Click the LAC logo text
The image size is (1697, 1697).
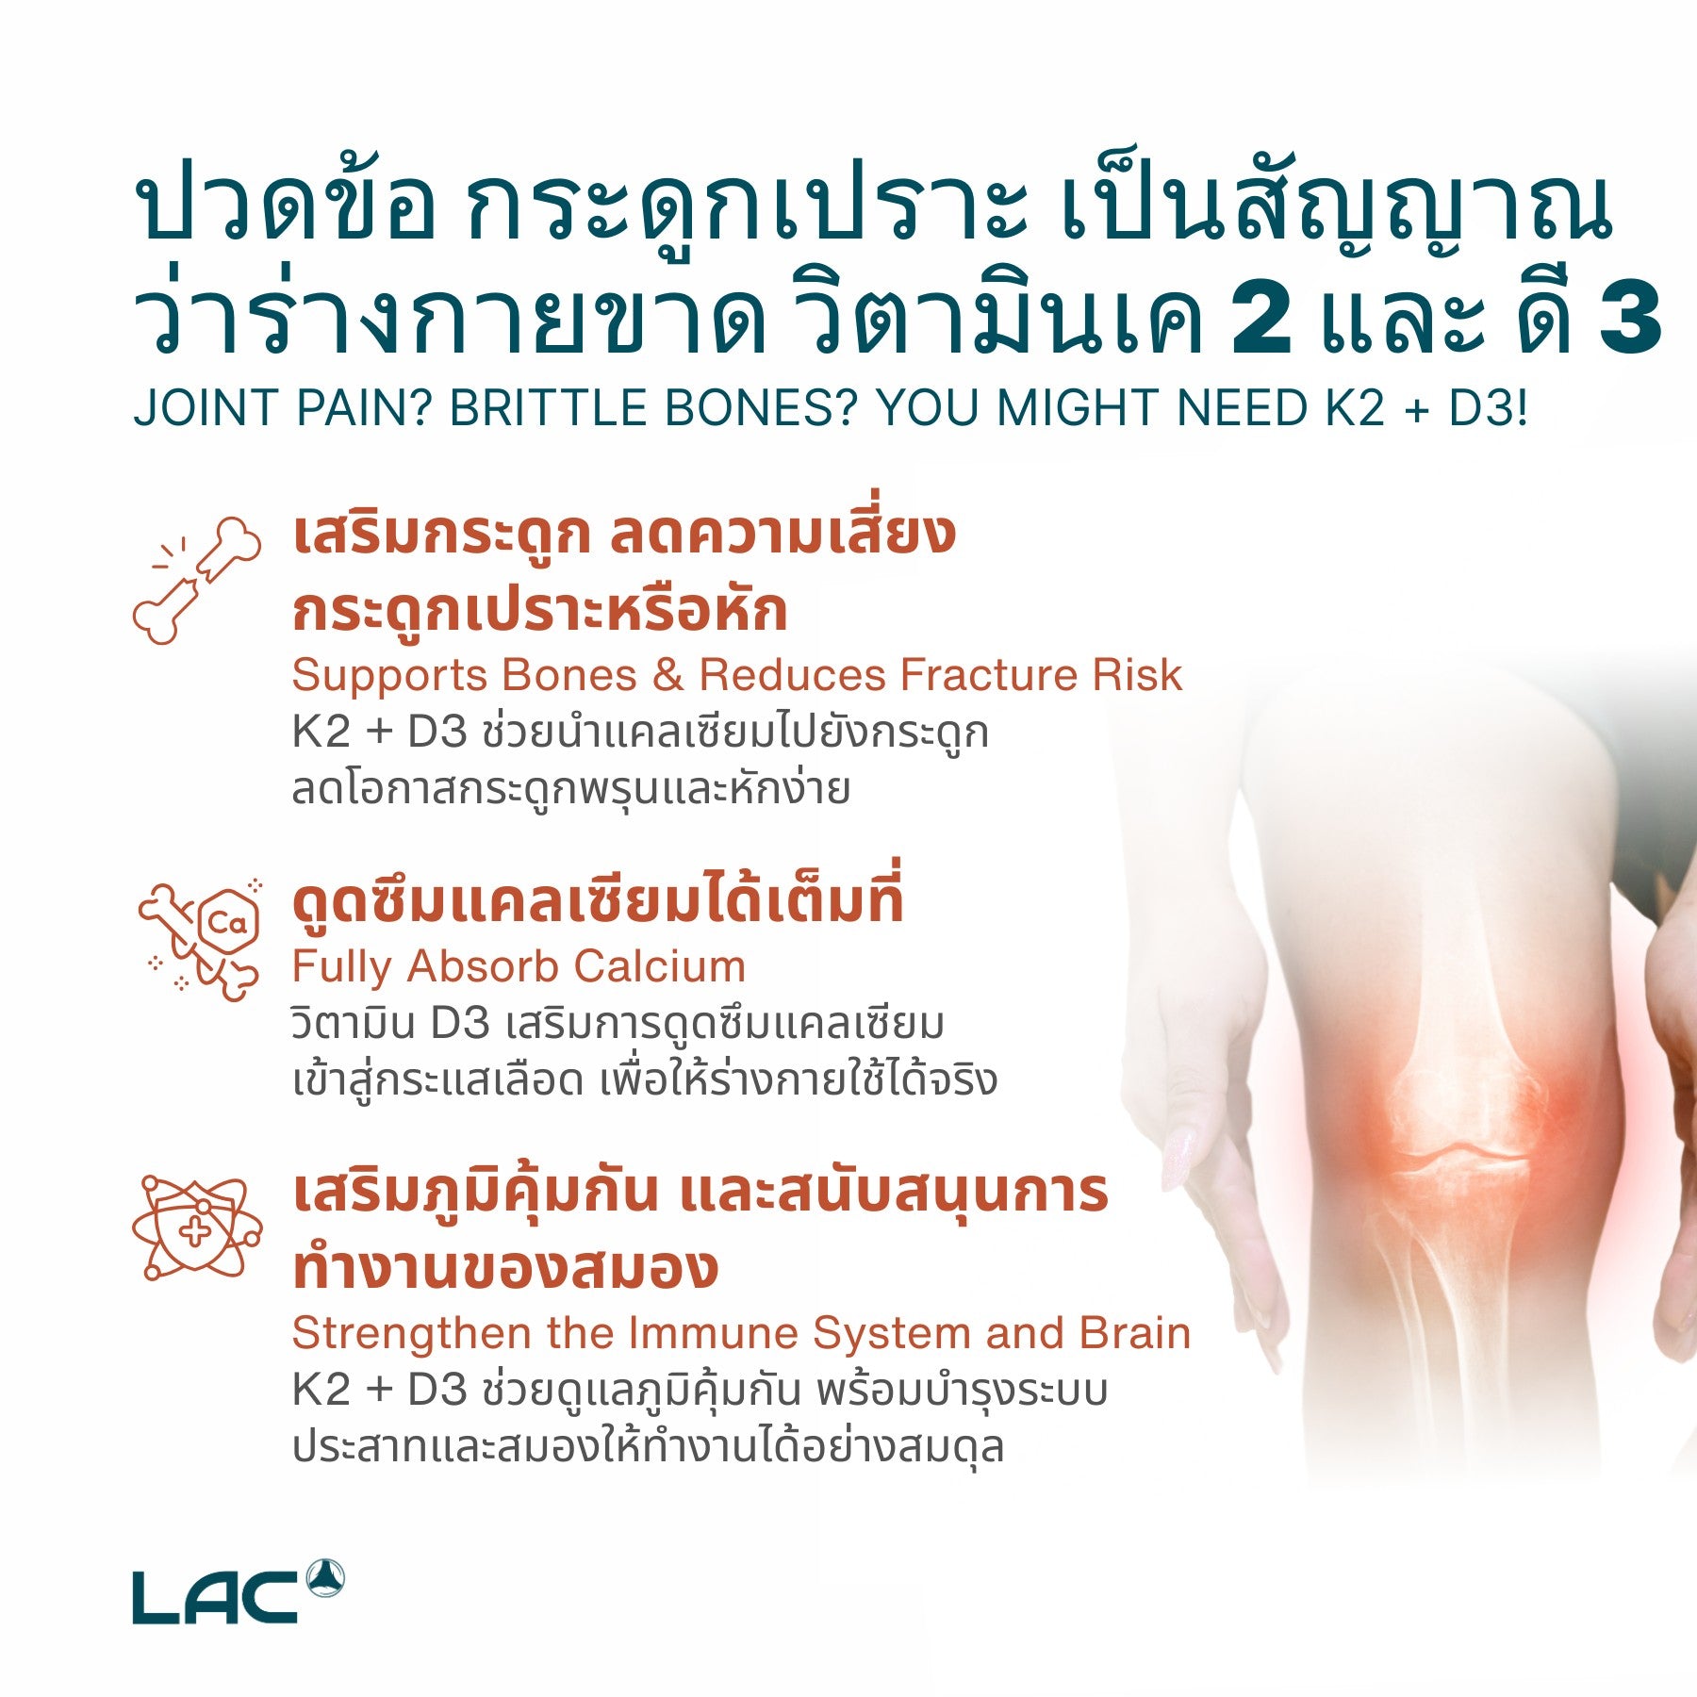click(x=215, y=1597)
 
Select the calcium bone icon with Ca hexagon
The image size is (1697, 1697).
click(x=199, y=939)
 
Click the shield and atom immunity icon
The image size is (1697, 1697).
click(x=197, y=1228)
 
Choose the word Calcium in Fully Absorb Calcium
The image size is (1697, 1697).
click(x=659, y=966)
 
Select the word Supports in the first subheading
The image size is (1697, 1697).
click(x=389, y=675)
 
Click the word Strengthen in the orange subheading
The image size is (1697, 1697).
click(x=412, y=1333)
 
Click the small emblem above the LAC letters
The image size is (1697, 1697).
click(x=325, y=1578)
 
